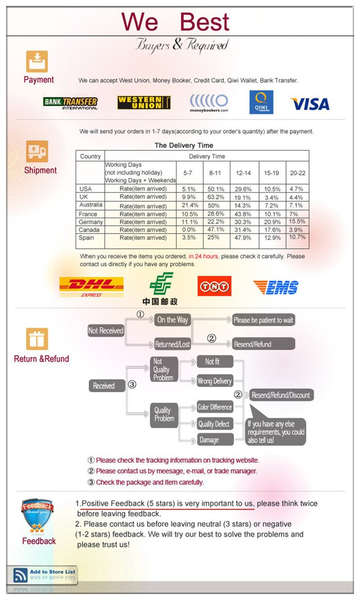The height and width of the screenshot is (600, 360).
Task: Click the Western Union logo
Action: [x=144, y=103]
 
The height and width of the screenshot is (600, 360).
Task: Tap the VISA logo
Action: [x=310, y=104]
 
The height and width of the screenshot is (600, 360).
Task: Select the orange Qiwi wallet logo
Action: [x=261, y=102]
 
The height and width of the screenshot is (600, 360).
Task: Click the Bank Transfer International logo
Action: [x=70, y=103]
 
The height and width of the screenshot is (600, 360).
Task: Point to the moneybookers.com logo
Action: [x=209, y=103]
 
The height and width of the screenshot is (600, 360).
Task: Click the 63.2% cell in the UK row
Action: [x=216, y=197]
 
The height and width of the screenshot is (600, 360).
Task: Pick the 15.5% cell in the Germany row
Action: [x=297, y=221]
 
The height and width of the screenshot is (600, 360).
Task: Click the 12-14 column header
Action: [x=243, y=173]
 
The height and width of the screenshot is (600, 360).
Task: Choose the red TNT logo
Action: [x=214, y=286]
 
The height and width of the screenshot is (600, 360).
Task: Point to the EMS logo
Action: [x=275, y=287]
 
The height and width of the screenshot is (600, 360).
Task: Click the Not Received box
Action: [x=106, y=331]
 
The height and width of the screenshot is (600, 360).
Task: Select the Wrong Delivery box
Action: [x=215, y=381]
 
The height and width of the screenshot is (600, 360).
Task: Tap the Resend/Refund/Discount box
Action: [x=281, y=395]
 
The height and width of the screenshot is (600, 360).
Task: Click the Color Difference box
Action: [x=215, y=407]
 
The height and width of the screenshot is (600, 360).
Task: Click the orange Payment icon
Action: [x=37, y=62]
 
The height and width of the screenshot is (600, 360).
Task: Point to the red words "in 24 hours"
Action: [x=203, y=257]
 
